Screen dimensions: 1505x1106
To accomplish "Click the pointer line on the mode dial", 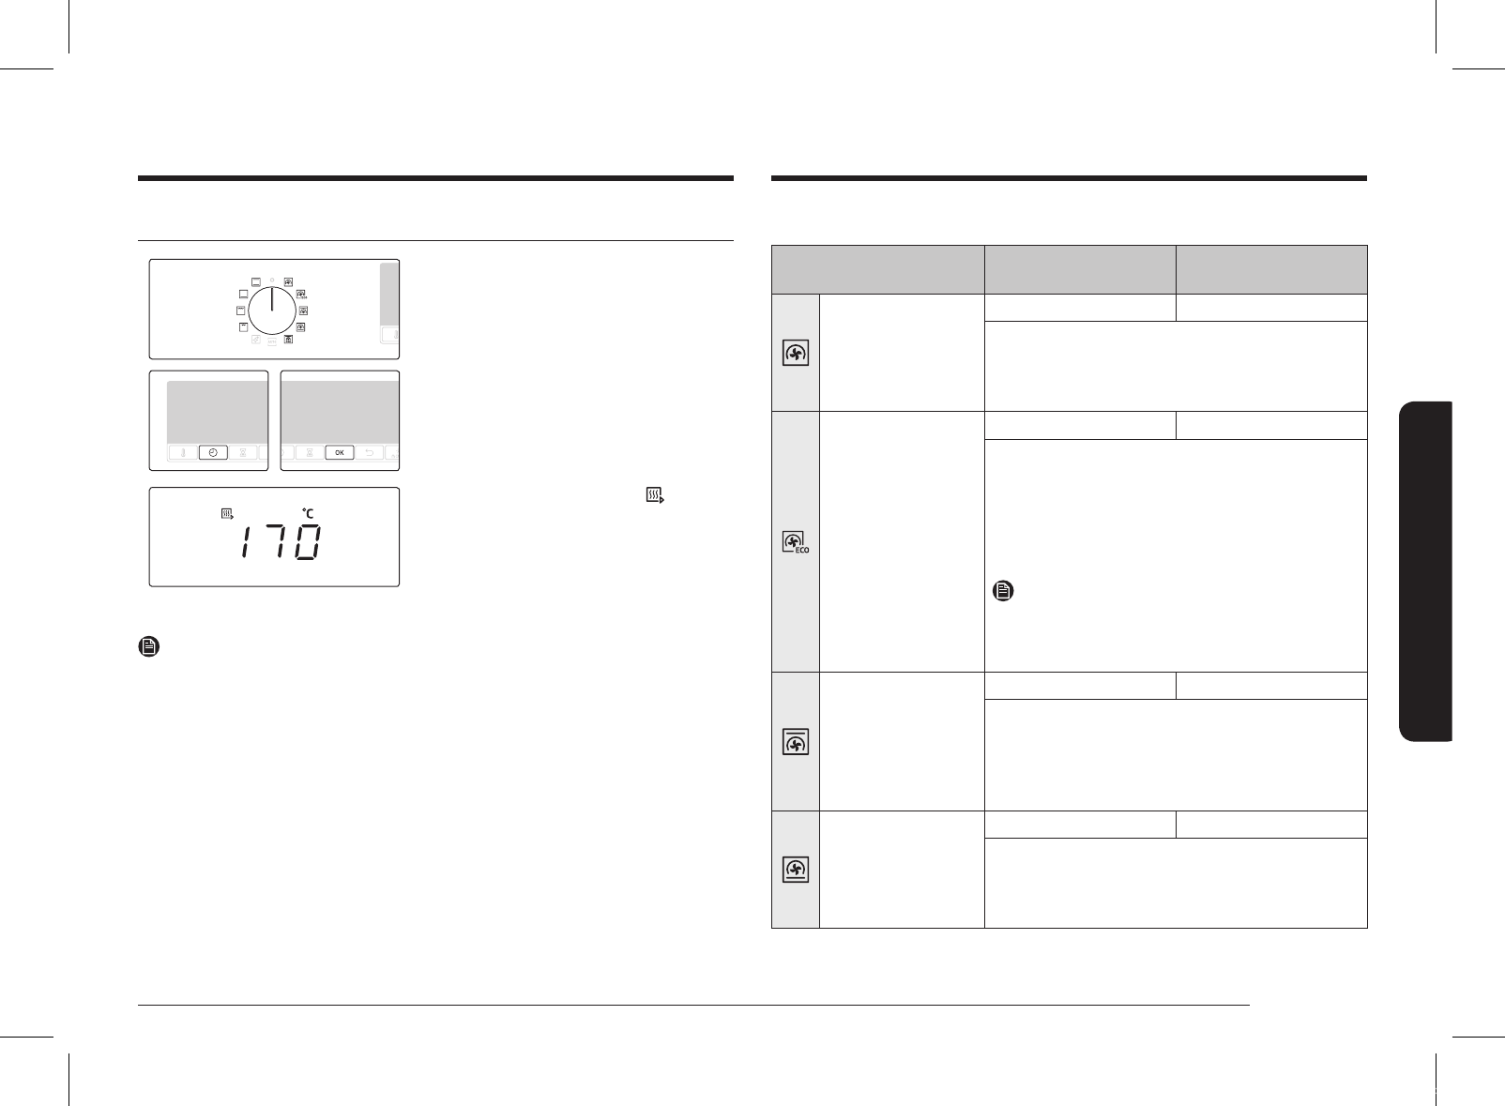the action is [x=272, y=299].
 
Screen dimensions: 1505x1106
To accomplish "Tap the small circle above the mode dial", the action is [x=272, y=280].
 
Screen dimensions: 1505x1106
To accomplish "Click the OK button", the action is [x=340, y=453].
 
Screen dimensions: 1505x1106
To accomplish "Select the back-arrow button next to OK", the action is [x=369, y=453].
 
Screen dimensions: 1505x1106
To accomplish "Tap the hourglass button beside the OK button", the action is [x=310, y=453].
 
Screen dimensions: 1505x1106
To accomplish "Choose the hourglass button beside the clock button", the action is [x=243, y=453].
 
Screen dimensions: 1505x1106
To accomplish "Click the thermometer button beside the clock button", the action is [x=183, y=453].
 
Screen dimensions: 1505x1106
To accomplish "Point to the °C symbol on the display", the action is [x=308, y=514].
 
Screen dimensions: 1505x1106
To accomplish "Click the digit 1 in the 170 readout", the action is [x=246, y=543].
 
